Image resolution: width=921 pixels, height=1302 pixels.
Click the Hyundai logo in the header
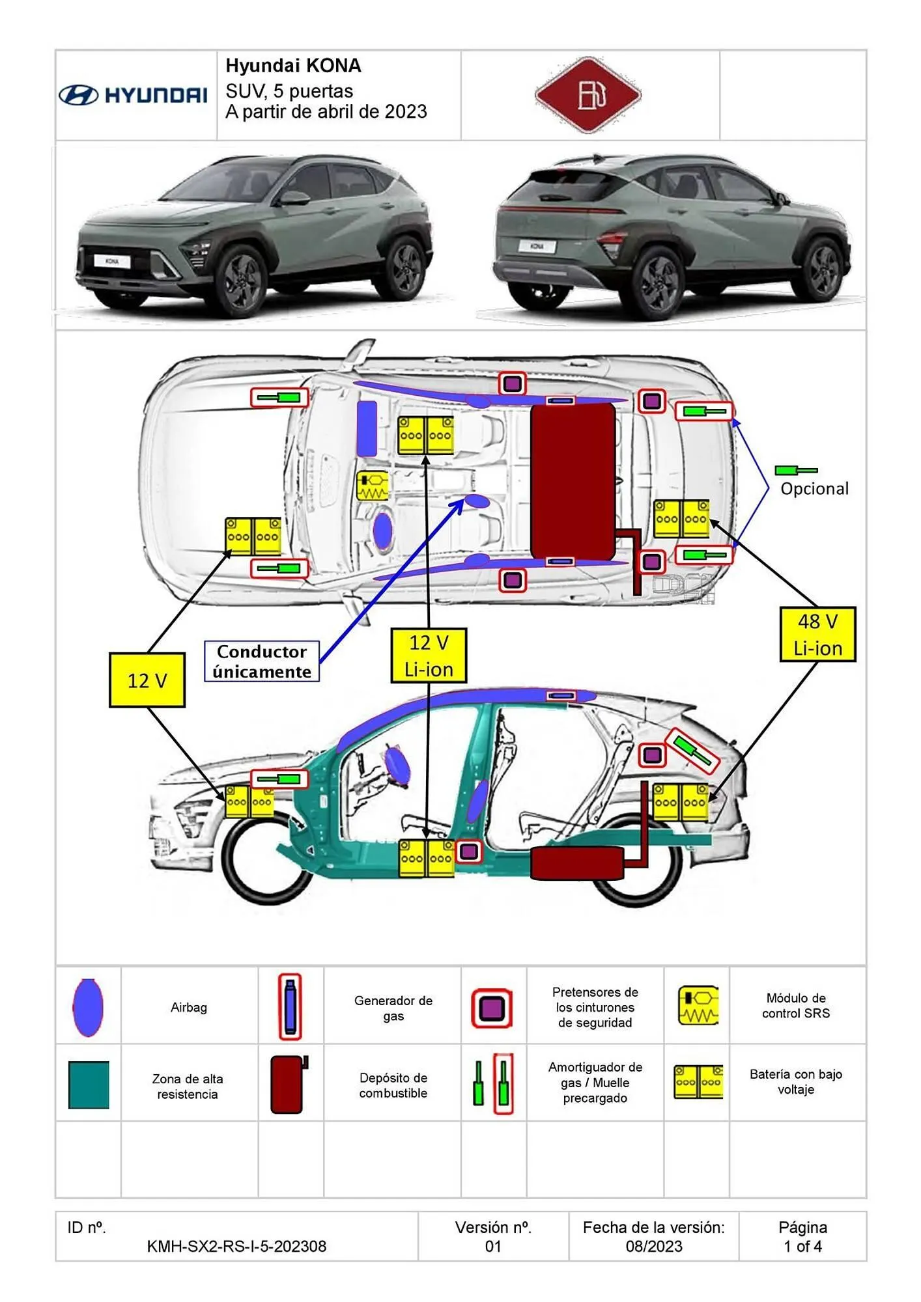pos(134,95)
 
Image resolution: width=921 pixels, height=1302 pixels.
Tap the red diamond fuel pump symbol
pos(588,95)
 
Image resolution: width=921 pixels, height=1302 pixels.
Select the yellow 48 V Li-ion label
pos(817,635)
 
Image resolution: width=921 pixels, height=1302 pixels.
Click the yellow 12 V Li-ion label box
pos(429,656)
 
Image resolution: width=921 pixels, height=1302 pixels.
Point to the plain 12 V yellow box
pos(147,680)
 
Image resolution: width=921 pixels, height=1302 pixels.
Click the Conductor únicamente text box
pos(262,661)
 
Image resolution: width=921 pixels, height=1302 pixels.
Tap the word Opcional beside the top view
pos(814,489)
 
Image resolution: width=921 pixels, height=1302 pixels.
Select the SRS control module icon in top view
pos(373,486)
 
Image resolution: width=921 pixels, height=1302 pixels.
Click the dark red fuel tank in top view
pos(573,480)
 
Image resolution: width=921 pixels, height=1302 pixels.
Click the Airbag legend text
pos(189,1007)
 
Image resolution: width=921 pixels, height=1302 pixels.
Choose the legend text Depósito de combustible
pos(393,1085)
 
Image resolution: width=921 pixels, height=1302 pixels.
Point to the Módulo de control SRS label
pos(796,1005)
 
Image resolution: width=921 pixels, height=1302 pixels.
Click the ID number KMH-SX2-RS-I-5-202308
pos(236,1246)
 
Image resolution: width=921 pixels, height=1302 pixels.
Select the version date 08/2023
pos(654,1246)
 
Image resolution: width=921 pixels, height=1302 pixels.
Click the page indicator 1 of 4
pos(802,1246)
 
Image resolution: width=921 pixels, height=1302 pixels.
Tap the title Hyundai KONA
pos(293,66)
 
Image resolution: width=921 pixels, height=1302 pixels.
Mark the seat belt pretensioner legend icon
pos(492,1008)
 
